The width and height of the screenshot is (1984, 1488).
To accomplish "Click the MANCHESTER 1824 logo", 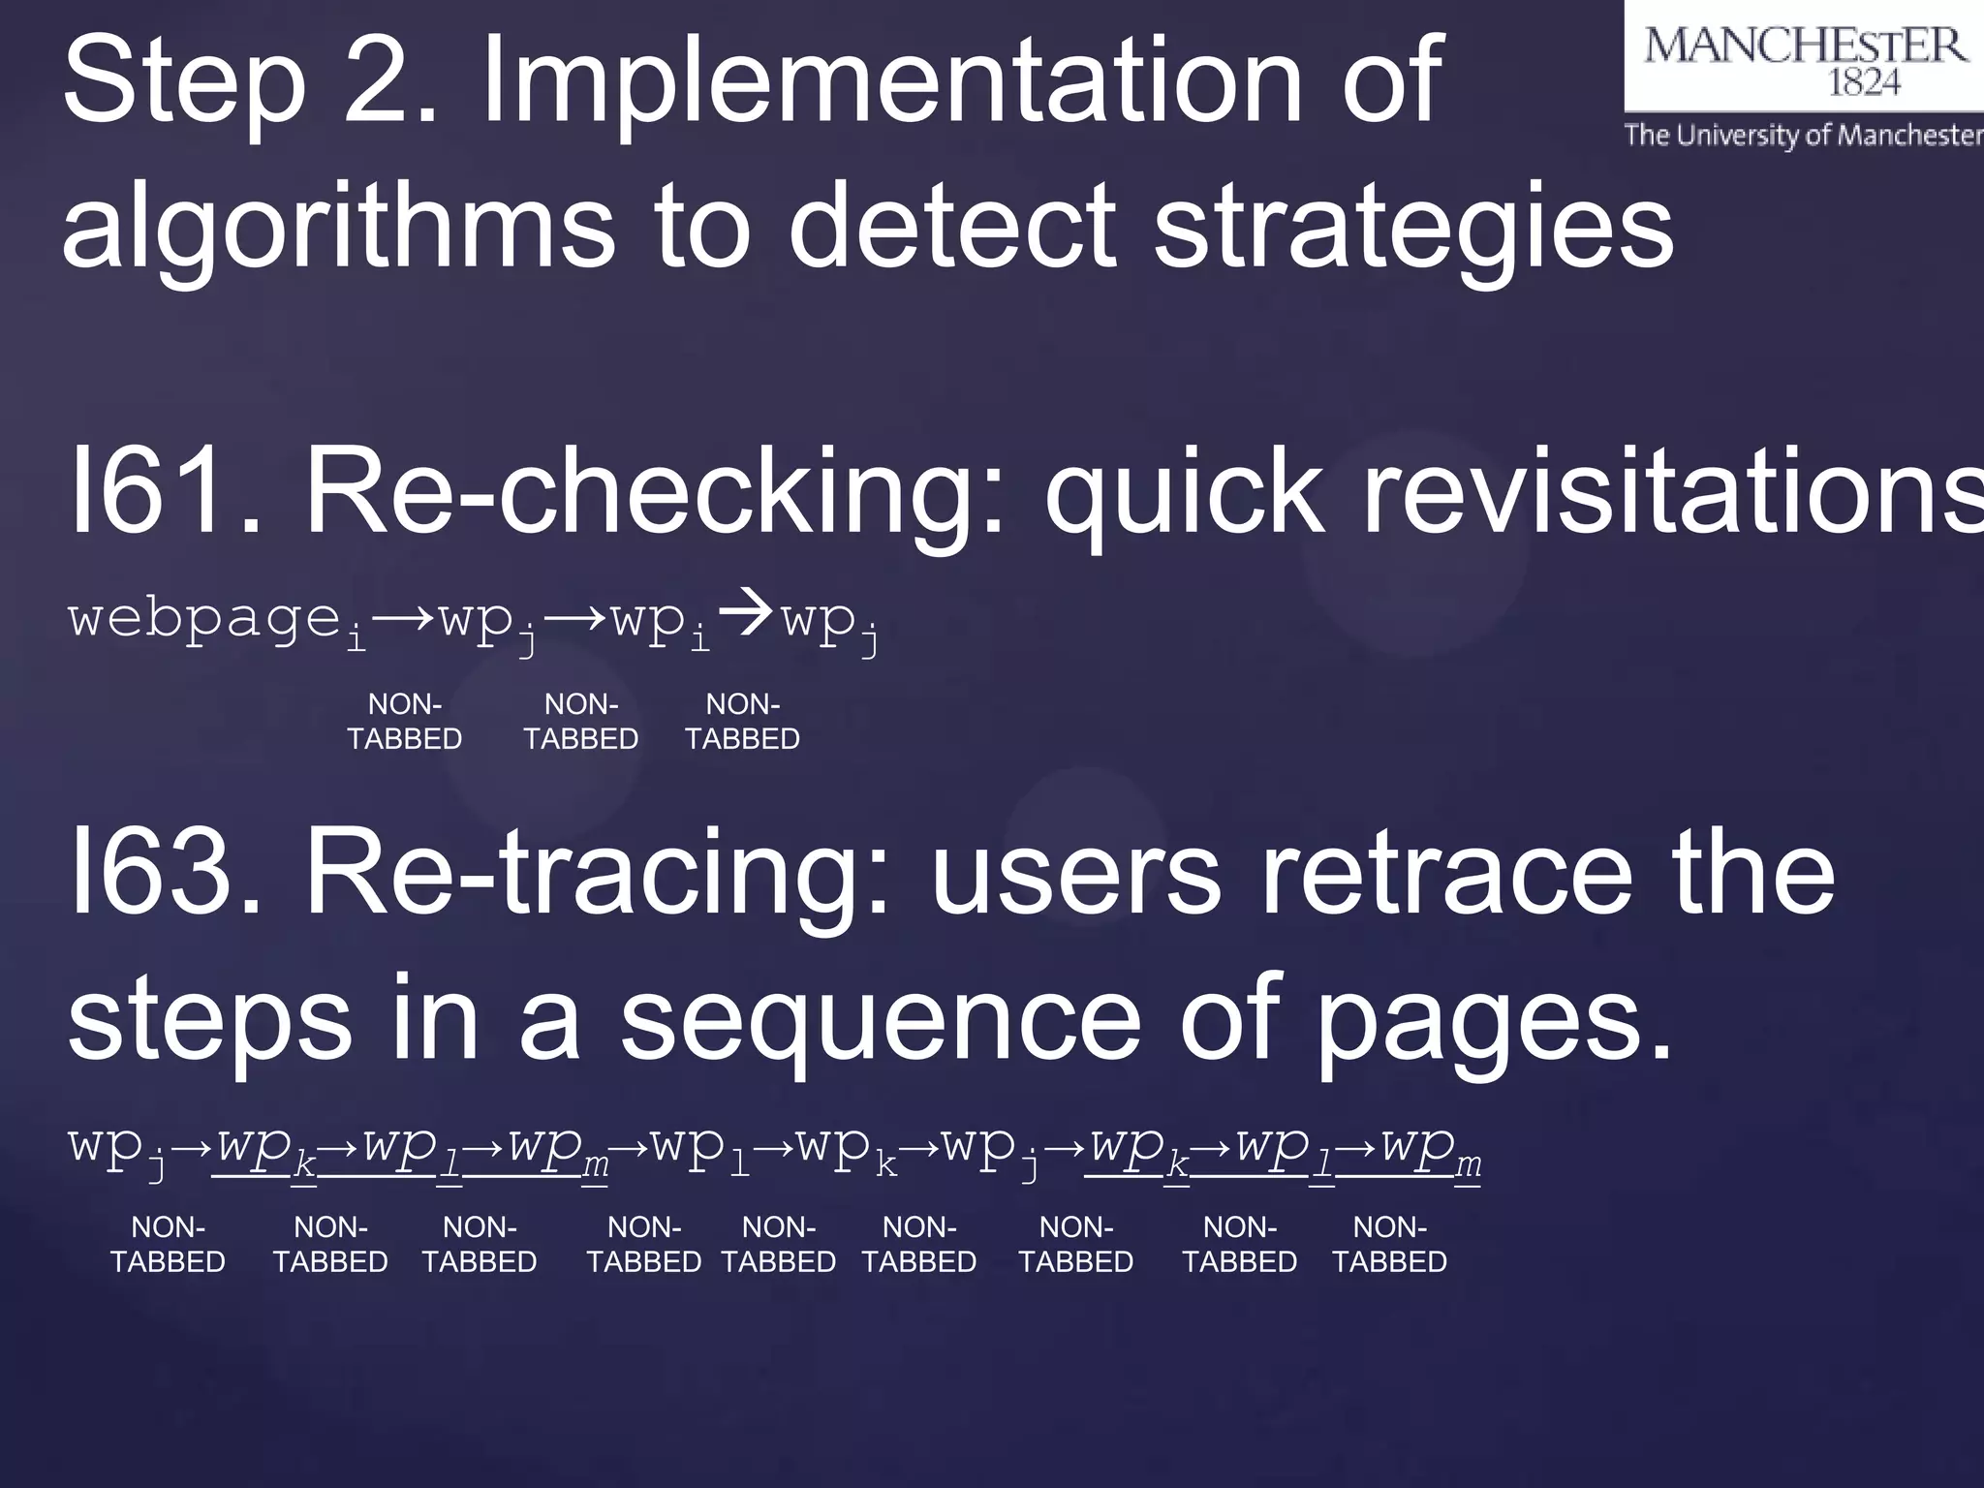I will pyautogui.click(x=1804, y=58).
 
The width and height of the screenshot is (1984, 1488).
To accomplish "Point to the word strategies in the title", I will pyautogui.click(x=1413, y=228).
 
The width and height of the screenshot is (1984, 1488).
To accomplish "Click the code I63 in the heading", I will pyautogui.click(x=165, y=872).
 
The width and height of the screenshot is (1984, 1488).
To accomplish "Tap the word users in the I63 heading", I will pyautogui.click(x=1076, y=872).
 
